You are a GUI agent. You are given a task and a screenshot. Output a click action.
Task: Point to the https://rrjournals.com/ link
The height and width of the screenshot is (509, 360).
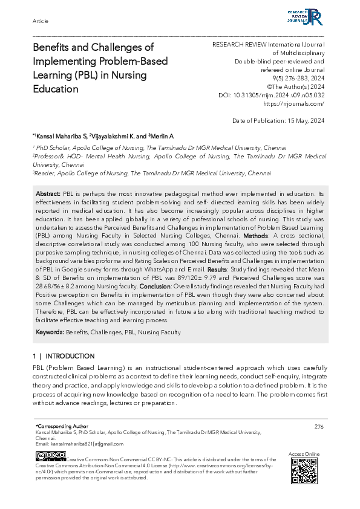click(298, 104)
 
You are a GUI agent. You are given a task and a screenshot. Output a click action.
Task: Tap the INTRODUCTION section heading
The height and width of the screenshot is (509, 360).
click(70, 356)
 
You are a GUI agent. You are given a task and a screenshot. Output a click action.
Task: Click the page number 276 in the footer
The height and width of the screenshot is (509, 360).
click(319, 426)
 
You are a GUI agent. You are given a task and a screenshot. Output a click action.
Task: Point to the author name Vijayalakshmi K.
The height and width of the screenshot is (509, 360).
click(110, 135)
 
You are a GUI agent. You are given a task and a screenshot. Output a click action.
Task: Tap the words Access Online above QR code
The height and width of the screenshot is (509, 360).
click(304, 453)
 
